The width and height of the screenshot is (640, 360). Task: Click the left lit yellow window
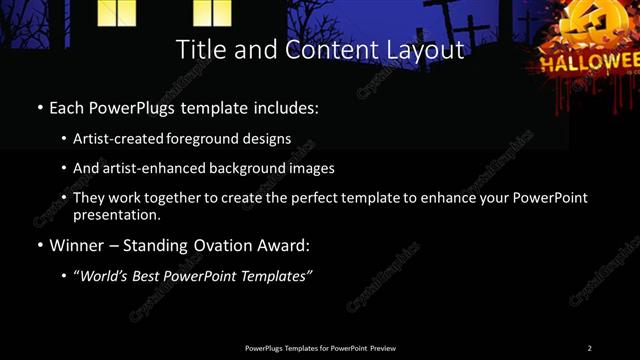pos(117,12)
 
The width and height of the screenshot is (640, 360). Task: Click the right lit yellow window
pos(212,12)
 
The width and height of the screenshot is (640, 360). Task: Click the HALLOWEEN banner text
pos(590,63)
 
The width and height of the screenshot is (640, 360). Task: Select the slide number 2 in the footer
pos(589,348)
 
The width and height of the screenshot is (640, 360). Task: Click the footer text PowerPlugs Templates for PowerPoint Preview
pos(320,348)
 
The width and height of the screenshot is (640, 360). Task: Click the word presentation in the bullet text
pos(116,214)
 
